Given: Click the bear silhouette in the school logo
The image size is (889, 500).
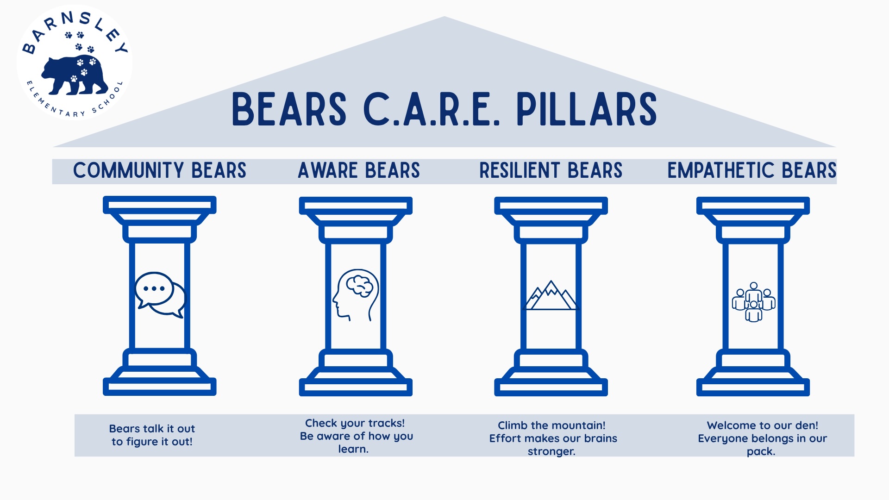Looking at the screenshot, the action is click(74, 75).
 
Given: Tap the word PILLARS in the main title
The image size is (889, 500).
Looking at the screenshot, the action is click(587, 109).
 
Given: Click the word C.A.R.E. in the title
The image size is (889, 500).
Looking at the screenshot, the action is click(432, 109).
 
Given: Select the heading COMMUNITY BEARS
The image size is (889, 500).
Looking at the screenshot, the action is click(160, 170).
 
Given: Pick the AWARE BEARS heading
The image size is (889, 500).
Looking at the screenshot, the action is click(359, 170).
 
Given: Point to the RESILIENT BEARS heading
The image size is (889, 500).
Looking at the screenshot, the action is click(551, 170).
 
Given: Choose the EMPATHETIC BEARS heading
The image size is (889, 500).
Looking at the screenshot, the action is click(752, 170).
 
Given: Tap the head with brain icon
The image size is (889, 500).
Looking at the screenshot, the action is click(356, 295).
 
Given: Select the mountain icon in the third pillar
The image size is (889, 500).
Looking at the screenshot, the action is click(551, 295).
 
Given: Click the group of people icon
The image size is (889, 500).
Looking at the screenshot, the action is click(754, 302).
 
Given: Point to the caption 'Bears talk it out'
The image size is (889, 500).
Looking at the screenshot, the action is click(152, 429).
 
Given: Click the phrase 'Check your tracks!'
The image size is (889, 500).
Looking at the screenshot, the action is click(355, 423).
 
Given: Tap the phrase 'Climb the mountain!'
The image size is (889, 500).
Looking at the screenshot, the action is click(551, 425).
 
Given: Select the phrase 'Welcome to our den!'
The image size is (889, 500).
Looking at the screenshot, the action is click(763, 425).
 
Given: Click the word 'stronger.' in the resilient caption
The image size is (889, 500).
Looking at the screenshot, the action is click(551, 451).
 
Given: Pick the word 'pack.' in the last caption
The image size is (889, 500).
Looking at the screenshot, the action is click(761, 451).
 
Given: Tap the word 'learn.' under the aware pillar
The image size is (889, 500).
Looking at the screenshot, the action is click(353, 449).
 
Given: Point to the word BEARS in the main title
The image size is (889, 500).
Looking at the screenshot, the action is click(289, 109).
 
